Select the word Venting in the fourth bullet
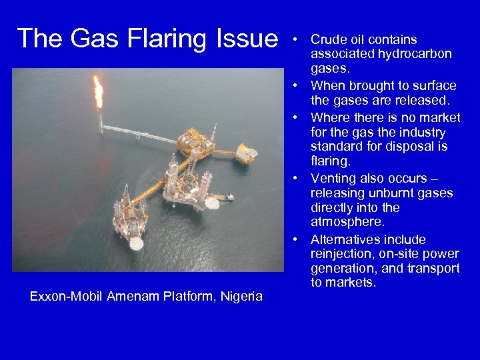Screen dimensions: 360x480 pos(333,179)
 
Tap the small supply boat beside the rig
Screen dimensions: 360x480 pos(229,197)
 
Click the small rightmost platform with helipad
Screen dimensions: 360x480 pos(247,155)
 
